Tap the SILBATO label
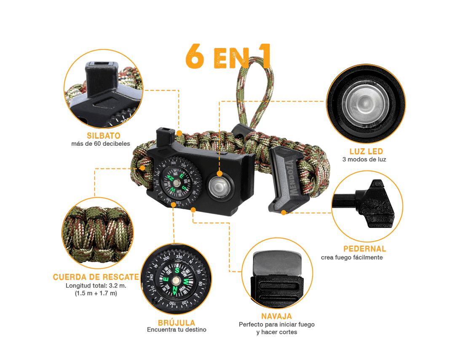click(103, 136)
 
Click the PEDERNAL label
click(365, 249)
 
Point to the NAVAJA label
click(276, 316)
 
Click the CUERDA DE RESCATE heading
click(96, 277)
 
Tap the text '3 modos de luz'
click(364, 159)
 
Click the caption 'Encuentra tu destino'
click(177, 329)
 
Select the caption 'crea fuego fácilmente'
click(352, 257)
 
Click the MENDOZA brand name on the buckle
click(292, 177)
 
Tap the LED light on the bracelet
click(219, 186)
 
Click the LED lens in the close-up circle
click(364, 103)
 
